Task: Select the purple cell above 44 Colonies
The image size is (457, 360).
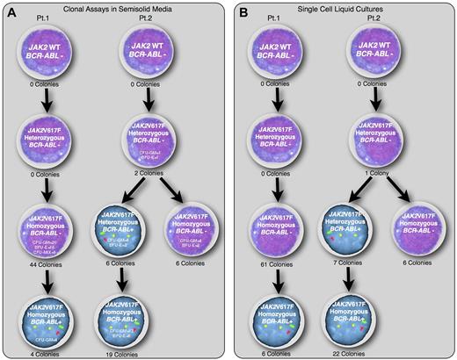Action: (x=64, y=230)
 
